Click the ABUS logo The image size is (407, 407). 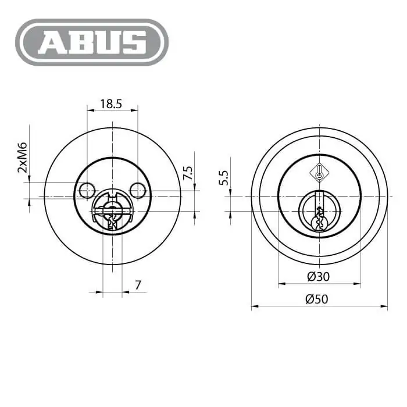pos(92,42)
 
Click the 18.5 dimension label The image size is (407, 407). pos(111,104)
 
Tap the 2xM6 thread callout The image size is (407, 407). pos(22,158)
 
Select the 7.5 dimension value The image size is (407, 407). pos(188,173)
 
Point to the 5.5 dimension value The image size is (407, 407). pos(223,177)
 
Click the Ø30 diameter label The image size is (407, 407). pos(319,276)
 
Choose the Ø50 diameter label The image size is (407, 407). pos(317,299)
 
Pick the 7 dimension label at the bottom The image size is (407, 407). pos(138,285)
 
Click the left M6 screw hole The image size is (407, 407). pos(87,191)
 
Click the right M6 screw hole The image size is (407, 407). pos(138,191)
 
